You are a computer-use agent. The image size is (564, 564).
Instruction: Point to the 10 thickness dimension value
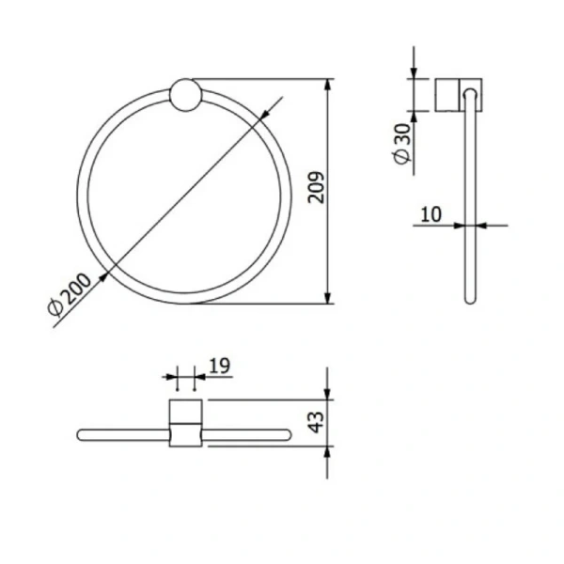(x=431, y=213)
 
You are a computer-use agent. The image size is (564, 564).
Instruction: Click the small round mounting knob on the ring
(x=184, y=96)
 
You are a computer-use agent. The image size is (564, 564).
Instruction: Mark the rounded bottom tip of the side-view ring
(x=471, y=299)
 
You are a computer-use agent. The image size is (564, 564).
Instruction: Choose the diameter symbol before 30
(x=402, y=159)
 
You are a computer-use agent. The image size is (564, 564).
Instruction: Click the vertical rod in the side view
(x=470, y=207)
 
